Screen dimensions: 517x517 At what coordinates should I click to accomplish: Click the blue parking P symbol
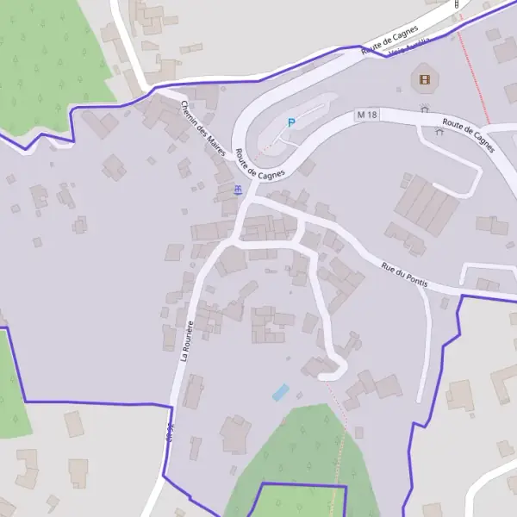click(x=290, y=123)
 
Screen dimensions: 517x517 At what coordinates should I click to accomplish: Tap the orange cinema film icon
click(x=424, y=81)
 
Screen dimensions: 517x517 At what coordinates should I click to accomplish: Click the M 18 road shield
click(x=366, y=115)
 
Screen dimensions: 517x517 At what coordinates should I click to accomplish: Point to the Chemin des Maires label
click(x=203, y=128)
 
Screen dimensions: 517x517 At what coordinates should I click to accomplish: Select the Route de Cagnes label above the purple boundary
click(x=389, y=40)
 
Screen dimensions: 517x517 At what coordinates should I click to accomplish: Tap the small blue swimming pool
click(x=281, y=392)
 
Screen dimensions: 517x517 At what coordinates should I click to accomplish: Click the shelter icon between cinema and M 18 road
click(x=424, y=109)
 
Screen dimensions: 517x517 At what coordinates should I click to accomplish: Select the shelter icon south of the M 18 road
click(x=439, y=133)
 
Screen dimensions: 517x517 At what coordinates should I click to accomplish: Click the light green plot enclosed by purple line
click(x=302, y=501)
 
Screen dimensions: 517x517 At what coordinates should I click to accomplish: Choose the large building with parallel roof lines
click(x=427, y=205)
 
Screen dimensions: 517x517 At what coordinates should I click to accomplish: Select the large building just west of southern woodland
click(x=234, y=433)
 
